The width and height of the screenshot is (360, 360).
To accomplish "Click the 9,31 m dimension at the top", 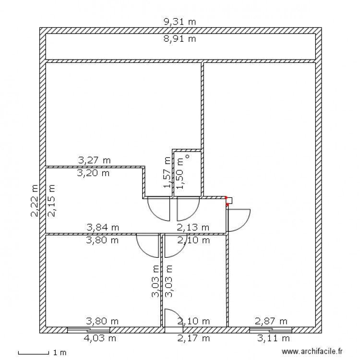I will pos(180,22).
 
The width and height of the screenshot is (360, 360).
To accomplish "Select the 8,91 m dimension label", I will pos(180,39).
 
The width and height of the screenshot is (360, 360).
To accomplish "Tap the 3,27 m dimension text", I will pos(94,160).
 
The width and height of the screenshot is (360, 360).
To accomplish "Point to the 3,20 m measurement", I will pos(93,173).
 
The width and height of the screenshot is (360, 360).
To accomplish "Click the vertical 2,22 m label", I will pos(35,201).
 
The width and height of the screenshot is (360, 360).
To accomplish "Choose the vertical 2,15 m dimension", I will pos(51,201).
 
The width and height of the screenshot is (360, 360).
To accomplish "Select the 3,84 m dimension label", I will pos(103,227).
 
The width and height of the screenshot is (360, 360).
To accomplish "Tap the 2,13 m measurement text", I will pos(193,227).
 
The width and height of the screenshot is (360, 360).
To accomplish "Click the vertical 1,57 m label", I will pos(167,173).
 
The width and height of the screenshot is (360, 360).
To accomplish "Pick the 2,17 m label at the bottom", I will pos(193,338).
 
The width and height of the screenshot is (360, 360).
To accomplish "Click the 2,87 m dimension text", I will pos(271,321).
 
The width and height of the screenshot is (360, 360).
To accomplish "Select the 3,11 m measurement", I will pos(271,338).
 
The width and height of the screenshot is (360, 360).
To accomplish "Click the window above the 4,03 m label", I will pos(88,330).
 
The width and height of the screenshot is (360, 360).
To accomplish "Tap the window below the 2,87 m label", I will pos(271,330).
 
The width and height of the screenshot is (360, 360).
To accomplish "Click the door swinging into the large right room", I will pos(238,220).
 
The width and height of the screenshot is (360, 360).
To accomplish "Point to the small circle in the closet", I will pos(188,156).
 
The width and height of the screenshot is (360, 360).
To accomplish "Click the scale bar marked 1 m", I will pos(34,353).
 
